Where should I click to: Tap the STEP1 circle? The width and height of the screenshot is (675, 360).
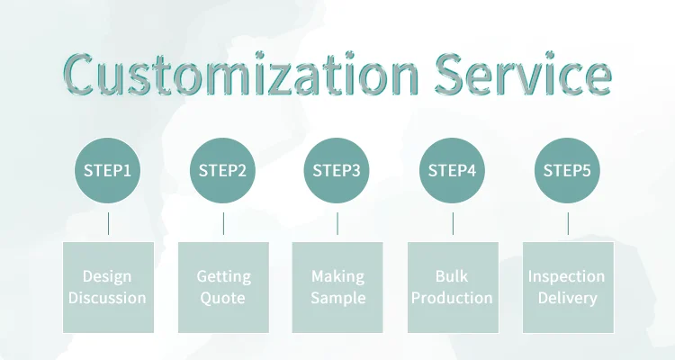pos(108,170)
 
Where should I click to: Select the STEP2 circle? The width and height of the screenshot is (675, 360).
pos(222,170)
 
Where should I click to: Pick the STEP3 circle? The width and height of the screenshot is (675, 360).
pos(337,170)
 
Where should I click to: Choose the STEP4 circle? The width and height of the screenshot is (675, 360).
pos(452,170)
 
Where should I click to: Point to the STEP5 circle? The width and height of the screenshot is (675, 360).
pos(567,170)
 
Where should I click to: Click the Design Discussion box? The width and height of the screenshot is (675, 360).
pos(108,286)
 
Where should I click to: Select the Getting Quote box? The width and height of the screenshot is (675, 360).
pos(223,286)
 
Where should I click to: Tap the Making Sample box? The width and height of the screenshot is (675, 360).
pos(337,286)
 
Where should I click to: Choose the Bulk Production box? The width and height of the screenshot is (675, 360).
pos(453,286)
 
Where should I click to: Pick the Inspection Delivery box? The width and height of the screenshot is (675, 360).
pos(568,286)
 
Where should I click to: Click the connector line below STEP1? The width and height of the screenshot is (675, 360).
pos(108,223)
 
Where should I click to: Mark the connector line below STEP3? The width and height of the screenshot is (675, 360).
pos(337,223)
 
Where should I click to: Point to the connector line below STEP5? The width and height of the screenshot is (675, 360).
pos(568,223)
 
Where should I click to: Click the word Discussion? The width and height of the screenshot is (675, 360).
pos(108,298)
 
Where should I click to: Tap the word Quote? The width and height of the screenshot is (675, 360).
pos(223,298)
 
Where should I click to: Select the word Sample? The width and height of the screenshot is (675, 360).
pos(337,298)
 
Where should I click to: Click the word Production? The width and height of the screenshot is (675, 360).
pos(453,298)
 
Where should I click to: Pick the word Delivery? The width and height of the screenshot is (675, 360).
pos(568,298)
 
